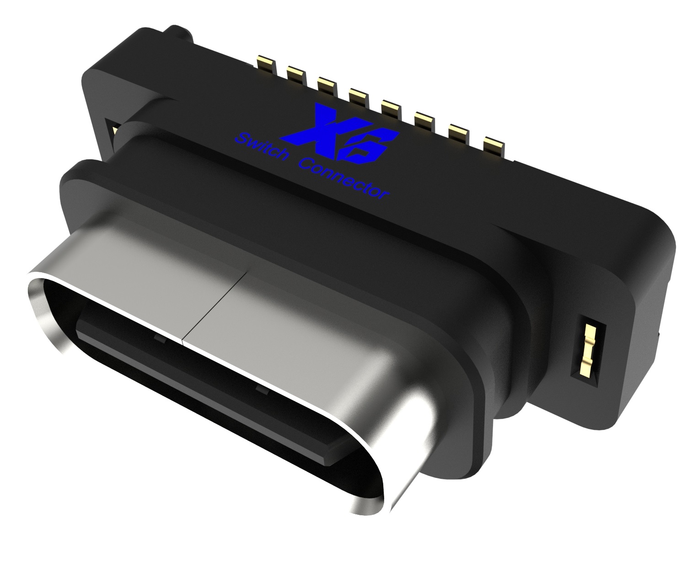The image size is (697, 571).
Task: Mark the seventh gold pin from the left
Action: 459,133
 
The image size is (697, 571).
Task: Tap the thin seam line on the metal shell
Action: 215,306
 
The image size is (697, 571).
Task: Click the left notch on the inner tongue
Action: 160,338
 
